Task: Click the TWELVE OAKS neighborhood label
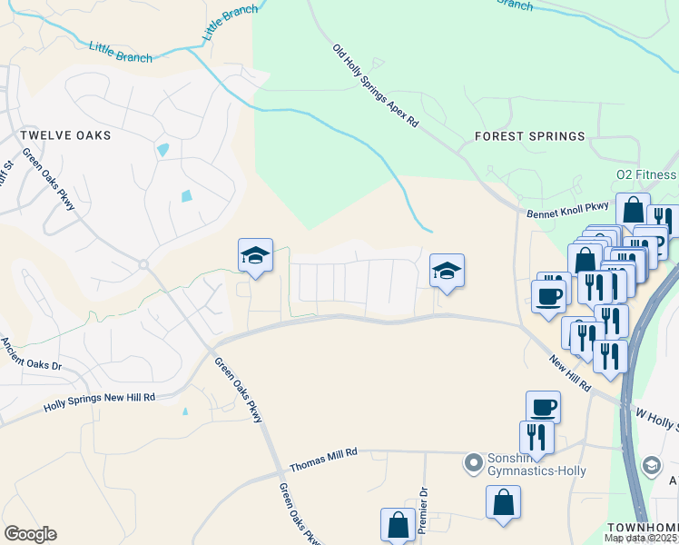point(65,135)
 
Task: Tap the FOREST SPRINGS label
point(530,136)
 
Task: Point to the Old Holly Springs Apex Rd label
point(375,85)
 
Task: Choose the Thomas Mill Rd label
point(324,459)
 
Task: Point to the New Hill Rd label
point(570,373)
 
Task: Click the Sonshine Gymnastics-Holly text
point(536,464)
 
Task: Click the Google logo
point(31,534)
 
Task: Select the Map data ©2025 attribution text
point(640,538)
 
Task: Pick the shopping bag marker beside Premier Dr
point(398,524)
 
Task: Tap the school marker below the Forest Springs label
point(447,271)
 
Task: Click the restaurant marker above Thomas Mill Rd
point(536,436)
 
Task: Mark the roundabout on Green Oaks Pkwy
point(143,264)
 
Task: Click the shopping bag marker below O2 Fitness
point(633,210)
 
